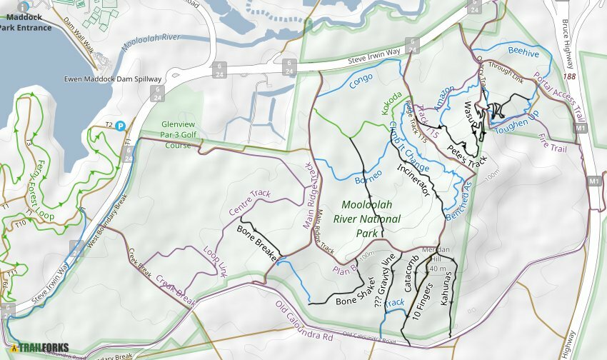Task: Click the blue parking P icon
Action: coord(121,125)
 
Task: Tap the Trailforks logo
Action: coord(39,348)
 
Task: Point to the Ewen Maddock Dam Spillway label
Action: coord(113,79)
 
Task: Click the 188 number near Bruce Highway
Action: coord(569,76)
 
